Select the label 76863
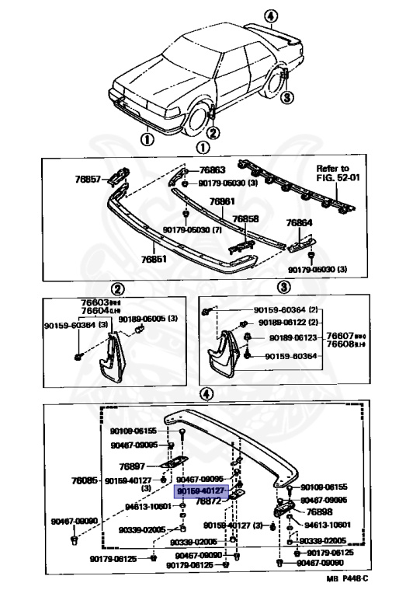pos(212,170)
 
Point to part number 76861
pos(222,201)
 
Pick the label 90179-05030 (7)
pos(189,230)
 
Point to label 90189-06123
pos(294,338)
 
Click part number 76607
pos(340,337)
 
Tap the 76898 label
pos(318,512)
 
